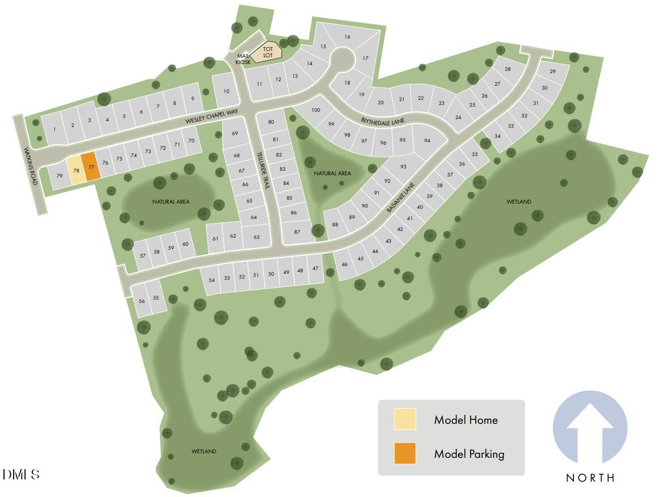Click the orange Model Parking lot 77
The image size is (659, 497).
point(91,167)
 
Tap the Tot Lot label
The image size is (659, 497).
point(268,52)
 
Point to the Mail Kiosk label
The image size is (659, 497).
point(243,59)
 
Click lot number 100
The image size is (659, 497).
point(316,109)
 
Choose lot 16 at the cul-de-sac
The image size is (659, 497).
point(347,37)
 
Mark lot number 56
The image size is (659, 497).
point(142,301)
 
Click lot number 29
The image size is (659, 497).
point(552,71)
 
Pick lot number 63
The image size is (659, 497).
point(256,237)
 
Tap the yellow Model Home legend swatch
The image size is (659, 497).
point(405,419)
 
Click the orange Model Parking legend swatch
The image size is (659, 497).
point(405,453)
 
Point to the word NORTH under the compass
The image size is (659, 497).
point(590,478)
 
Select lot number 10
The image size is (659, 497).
point(226,91)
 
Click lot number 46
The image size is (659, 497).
point(344,264)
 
